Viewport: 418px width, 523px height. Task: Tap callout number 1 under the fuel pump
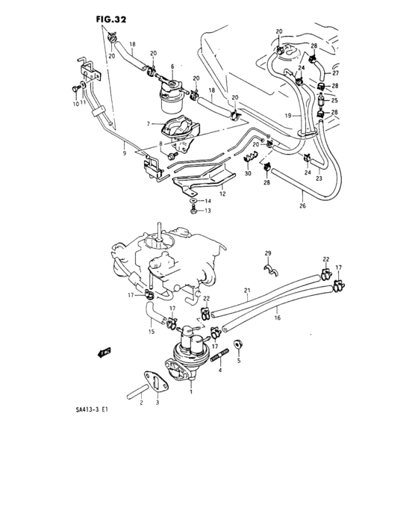[x=192, y=392]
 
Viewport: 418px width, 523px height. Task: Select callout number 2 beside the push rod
[x=140, y=403]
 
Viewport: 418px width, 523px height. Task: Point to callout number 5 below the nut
[x=239, y=360]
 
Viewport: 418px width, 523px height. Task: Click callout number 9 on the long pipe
[x=124, y=154]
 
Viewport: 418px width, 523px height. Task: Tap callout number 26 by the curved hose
[x=302, y=207]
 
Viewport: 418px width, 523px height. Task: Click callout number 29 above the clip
[x=268, y=254]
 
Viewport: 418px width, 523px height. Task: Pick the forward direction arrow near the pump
[x=103, y=350]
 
